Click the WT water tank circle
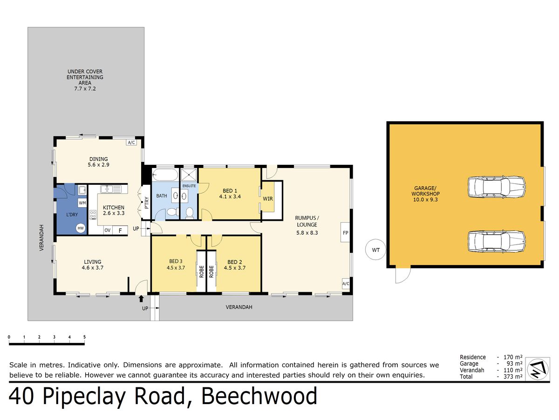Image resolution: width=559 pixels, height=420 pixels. pos(375,250)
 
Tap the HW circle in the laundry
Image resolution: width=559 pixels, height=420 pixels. pos(81,228)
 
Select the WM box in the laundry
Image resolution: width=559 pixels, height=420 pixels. pos(82,203)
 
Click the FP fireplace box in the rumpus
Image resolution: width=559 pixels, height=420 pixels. pos(345,232)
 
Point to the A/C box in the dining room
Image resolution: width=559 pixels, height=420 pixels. pos(131,142)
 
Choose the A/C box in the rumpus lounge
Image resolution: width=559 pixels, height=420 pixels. pos(346,283)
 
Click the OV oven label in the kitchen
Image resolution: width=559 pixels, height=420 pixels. pos(108,230)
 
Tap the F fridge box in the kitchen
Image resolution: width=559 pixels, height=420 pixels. pos(120,230)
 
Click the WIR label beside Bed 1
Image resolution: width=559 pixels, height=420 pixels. pos(268,199)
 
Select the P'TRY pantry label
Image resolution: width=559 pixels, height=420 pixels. pos(146,203)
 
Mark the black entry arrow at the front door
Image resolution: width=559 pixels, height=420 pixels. pos(141,299)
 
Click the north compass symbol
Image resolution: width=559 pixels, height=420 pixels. pos(538,369)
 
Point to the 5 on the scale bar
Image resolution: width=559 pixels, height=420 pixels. pos(85,337)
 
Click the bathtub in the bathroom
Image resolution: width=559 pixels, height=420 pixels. pos(165,175)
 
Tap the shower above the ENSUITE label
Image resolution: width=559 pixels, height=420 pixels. pos(189,175)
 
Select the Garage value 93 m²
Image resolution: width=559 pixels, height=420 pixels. pos(515,364)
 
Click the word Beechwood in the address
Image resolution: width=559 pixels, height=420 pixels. pos(259,396)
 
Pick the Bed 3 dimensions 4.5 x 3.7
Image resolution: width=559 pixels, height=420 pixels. pos(176,268)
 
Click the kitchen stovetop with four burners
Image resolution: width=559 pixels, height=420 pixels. pos(93,215)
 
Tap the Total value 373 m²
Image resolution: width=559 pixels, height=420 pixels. pos(513,377)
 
